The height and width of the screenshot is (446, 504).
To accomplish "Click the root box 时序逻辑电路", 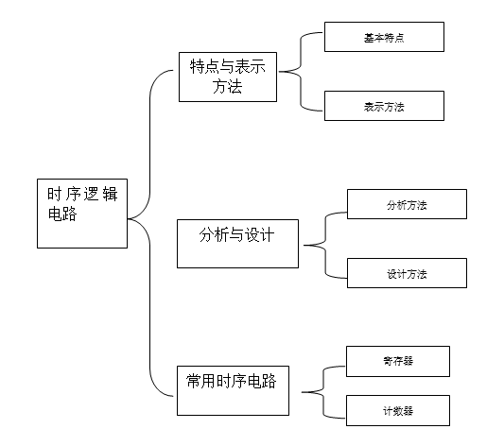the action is (x=82, y=214).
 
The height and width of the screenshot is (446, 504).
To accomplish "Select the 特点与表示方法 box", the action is (x=228, y=77).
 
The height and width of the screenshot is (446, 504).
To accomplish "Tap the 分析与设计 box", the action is (x=237, y=244).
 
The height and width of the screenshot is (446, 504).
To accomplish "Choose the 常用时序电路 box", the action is (x=233, y=391).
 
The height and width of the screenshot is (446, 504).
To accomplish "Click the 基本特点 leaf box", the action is (x=384, y=37).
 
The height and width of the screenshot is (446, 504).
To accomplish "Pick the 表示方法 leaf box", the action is (x=384, y=106).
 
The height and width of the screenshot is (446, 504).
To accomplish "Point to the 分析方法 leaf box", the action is (x=407, y=204).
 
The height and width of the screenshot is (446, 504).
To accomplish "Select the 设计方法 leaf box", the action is (x=407, y=273).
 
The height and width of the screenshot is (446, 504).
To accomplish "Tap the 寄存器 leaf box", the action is (x=398, y=361).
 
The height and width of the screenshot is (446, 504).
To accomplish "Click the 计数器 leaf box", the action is (x=398, y=411).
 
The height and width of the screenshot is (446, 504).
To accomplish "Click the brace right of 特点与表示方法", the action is (x=301, y=71).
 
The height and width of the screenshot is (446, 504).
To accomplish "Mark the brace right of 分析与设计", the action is (x=325, y=246).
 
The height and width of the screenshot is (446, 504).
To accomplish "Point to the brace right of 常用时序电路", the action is (x=323, y=392).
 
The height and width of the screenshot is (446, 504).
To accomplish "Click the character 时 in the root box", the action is (x=54, y=194).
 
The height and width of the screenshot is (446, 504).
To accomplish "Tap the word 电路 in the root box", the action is (x=62, y=214).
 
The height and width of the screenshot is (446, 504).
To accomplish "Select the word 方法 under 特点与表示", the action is (x=227, y=86).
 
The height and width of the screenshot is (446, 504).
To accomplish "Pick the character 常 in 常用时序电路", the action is (x=194, y=381).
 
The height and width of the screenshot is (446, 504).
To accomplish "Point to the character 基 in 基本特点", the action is (x=369, y=38).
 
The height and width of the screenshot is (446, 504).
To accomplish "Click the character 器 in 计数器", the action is (x=408, y=411).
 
